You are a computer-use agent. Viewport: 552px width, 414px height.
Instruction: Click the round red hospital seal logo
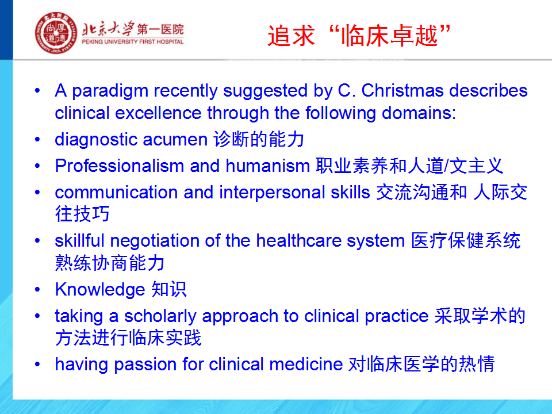(x=56, y=33)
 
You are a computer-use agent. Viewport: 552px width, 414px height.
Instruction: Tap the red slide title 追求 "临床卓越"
(x=359, y=36)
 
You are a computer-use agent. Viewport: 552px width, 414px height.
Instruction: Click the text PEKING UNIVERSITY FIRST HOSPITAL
(x=133, y=41)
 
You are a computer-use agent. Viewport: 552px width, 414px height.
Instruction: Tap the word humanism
(x=267, y=166)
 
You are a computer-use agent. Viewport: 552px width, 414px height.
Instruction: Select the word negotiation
(x=155, y=241)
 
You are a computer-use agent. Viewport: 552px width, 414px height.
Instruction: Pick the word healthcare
(x=298, y=240)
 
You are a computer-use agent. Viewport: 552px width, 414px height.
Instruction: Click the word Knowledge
(x=100, y=290)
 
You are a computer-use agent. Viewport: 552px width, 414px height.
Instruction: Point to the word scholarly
(x=160, y=316)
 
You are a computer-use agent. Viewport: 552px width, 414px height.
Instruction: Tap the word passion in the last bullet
(x=145, y=365)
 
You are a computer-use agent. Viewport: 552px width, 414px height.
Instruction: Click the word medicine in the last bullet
(x=306, y=364)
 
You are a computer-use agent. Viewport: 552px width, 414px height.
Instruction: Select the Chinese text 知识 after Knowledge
(x=168, y=289)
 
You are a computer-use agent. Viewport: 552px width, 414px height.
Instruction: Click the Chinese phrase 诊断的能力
(x=259, y=139)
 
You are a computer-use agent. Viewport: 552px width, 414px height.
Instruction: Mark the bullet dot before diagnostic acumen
(x=38, y=140)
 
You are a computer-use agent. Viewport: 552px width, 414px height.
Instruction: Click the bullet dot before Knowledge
(x=38, y=290)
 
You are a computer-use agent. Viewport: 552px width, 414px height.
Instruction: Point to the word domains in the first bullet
(x=419, y=113)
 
